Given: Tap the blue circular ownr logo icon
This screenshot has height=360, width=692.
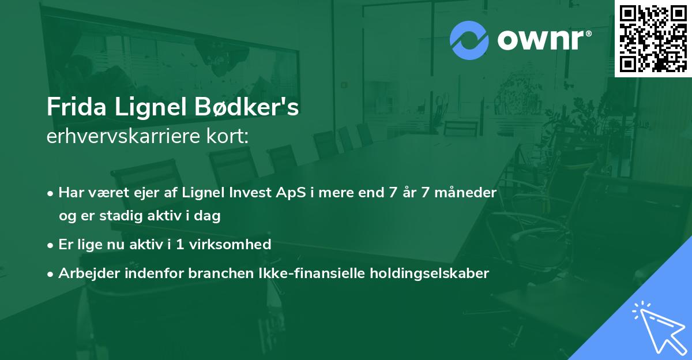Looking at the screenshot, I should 469,40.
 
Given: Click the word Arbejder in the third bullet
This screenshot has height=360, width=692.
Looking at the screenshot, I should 85,273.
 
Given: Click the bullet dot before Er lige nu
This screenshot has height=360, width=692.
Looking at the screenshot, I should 51,245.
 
